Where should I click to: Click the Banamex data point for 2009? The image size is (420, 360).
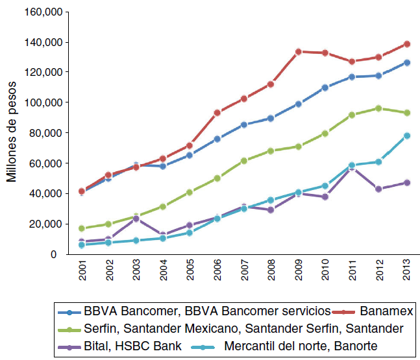tap(299, 51)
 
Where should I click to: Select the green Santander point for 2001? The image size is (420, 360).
tap(82, 228)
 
